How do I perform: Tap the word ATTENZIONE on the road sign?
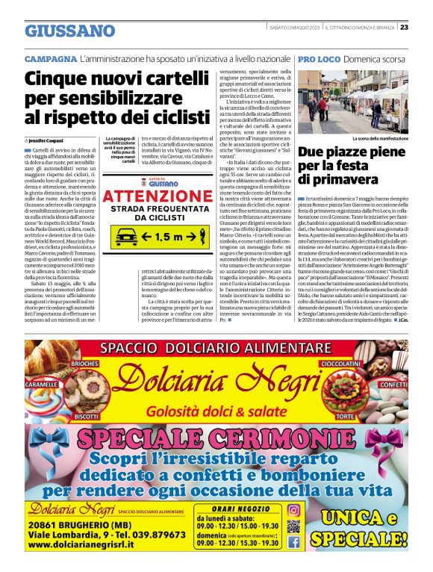coord(158,196)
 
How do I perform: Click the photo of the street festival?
coord(352,100)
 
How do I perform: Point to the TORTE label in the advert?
coord(367,415)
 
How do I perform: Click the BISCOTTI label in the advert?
coord(87,415)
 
